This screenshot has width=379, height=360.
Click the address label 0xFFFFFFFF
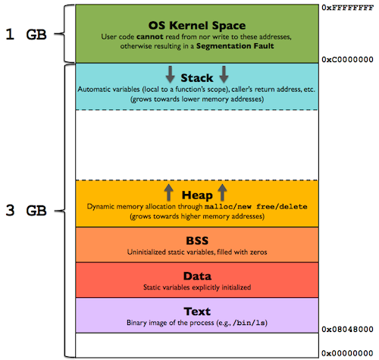click(347, 6)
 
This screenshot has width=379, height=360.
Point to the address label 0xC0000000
click(347, 58)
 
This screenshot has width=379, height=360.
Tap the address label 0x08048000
click(347, 330)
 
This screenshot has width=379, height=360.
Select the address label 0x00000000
click(347, 353)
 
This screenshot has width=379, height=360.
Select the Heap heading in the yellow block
click(197, 193)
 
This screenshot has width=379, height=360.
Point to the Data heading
click(197, 275)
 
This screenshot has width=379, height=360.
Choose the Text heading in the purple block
click(197, 311)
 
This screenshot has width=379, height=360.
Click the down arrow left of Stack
click(171, 74)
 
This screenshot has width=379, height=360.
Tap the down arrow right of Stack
click(224, 74)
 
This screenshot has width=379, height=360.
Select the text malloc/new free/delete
click(247, 206)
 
